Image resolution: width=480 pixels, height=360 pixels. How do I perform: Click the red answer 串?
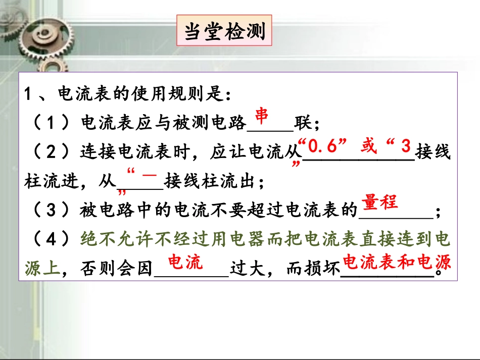coord(261,116)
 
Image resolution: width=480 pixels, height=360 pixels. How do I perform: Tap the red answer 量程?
coord(379,203)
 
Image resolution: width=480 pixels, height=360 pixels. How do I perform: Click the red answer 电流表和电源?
coord(397,262)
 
